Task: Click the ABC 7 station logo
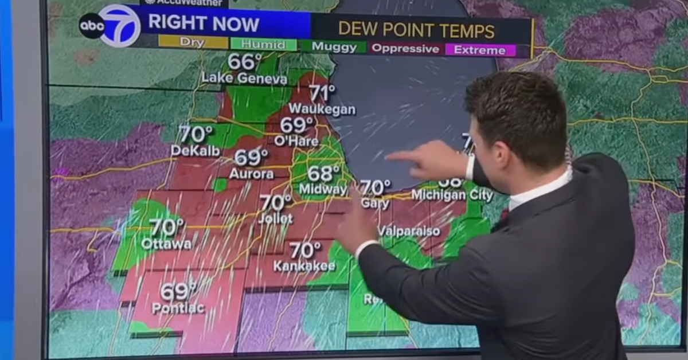[x=110, y=26]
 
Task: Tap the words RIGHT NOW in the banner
[x=204, y=24]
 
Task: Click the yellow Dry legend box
[x=192, y=42]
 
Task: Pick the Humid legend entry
[x=264, y=44]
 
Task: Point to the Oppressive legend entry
[x=405, y=49]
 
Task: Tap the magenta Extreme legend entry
[x=480, y=50]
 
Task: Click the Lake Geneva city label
[x=244, y=79]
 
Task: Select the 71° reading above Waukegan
[x=322, y=92]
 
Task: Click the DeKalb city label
[x=195, y=151]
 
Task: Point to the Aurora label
[x=252, y=173]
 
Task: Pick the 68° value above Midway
[x=323, y=173]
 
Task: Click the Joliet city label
[x=275, y=219]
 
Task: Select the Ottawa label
[x=166, y=244]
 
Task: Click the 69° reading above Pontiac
[x=178, y=291]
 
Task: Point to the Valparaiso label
[x=409, y=232]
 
